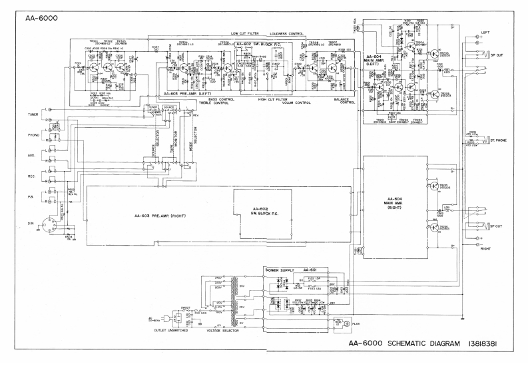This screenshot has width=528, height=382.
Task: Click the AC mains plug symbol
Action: [x=154, y=318]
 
